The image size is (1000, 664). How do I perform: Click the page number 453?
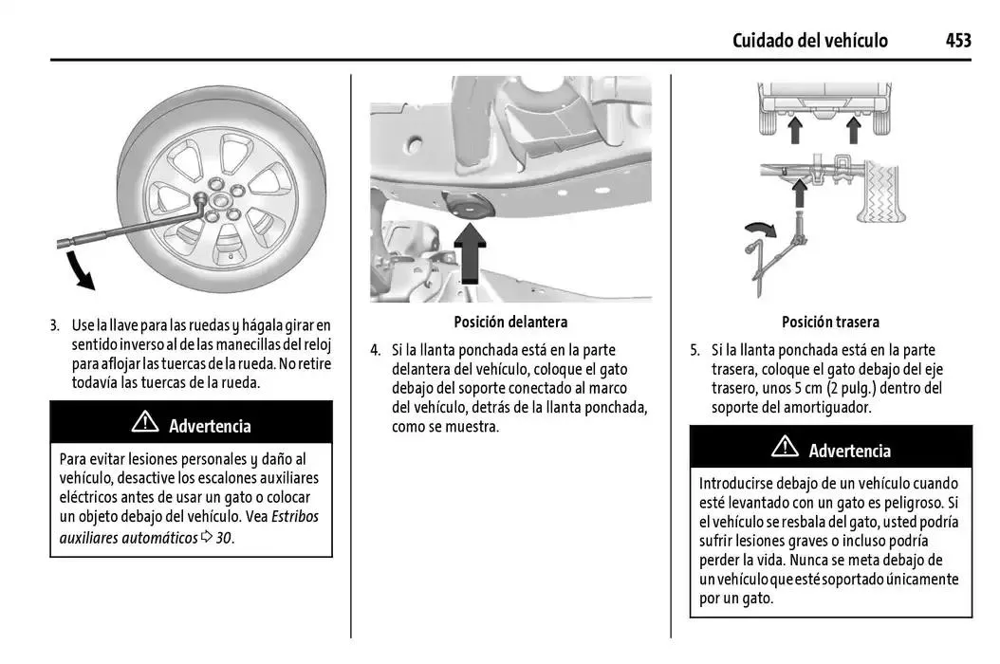coord(957,40)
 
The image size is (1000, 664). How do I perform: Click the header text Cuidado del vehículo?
coord(809,40)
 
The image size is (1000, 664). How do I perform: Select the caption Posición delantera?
coord(510,322)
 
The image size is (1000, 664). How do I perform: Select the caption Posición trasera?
coord(830,322)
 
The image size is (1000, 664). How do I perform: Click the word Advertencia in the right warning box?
coord(849,451)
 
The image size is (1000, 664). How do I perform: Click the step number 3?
coord(55,325)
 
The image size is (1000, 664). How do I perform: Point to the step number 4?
coord(375,349)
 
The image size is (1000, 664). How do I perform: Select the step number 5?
coord(694,349)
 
